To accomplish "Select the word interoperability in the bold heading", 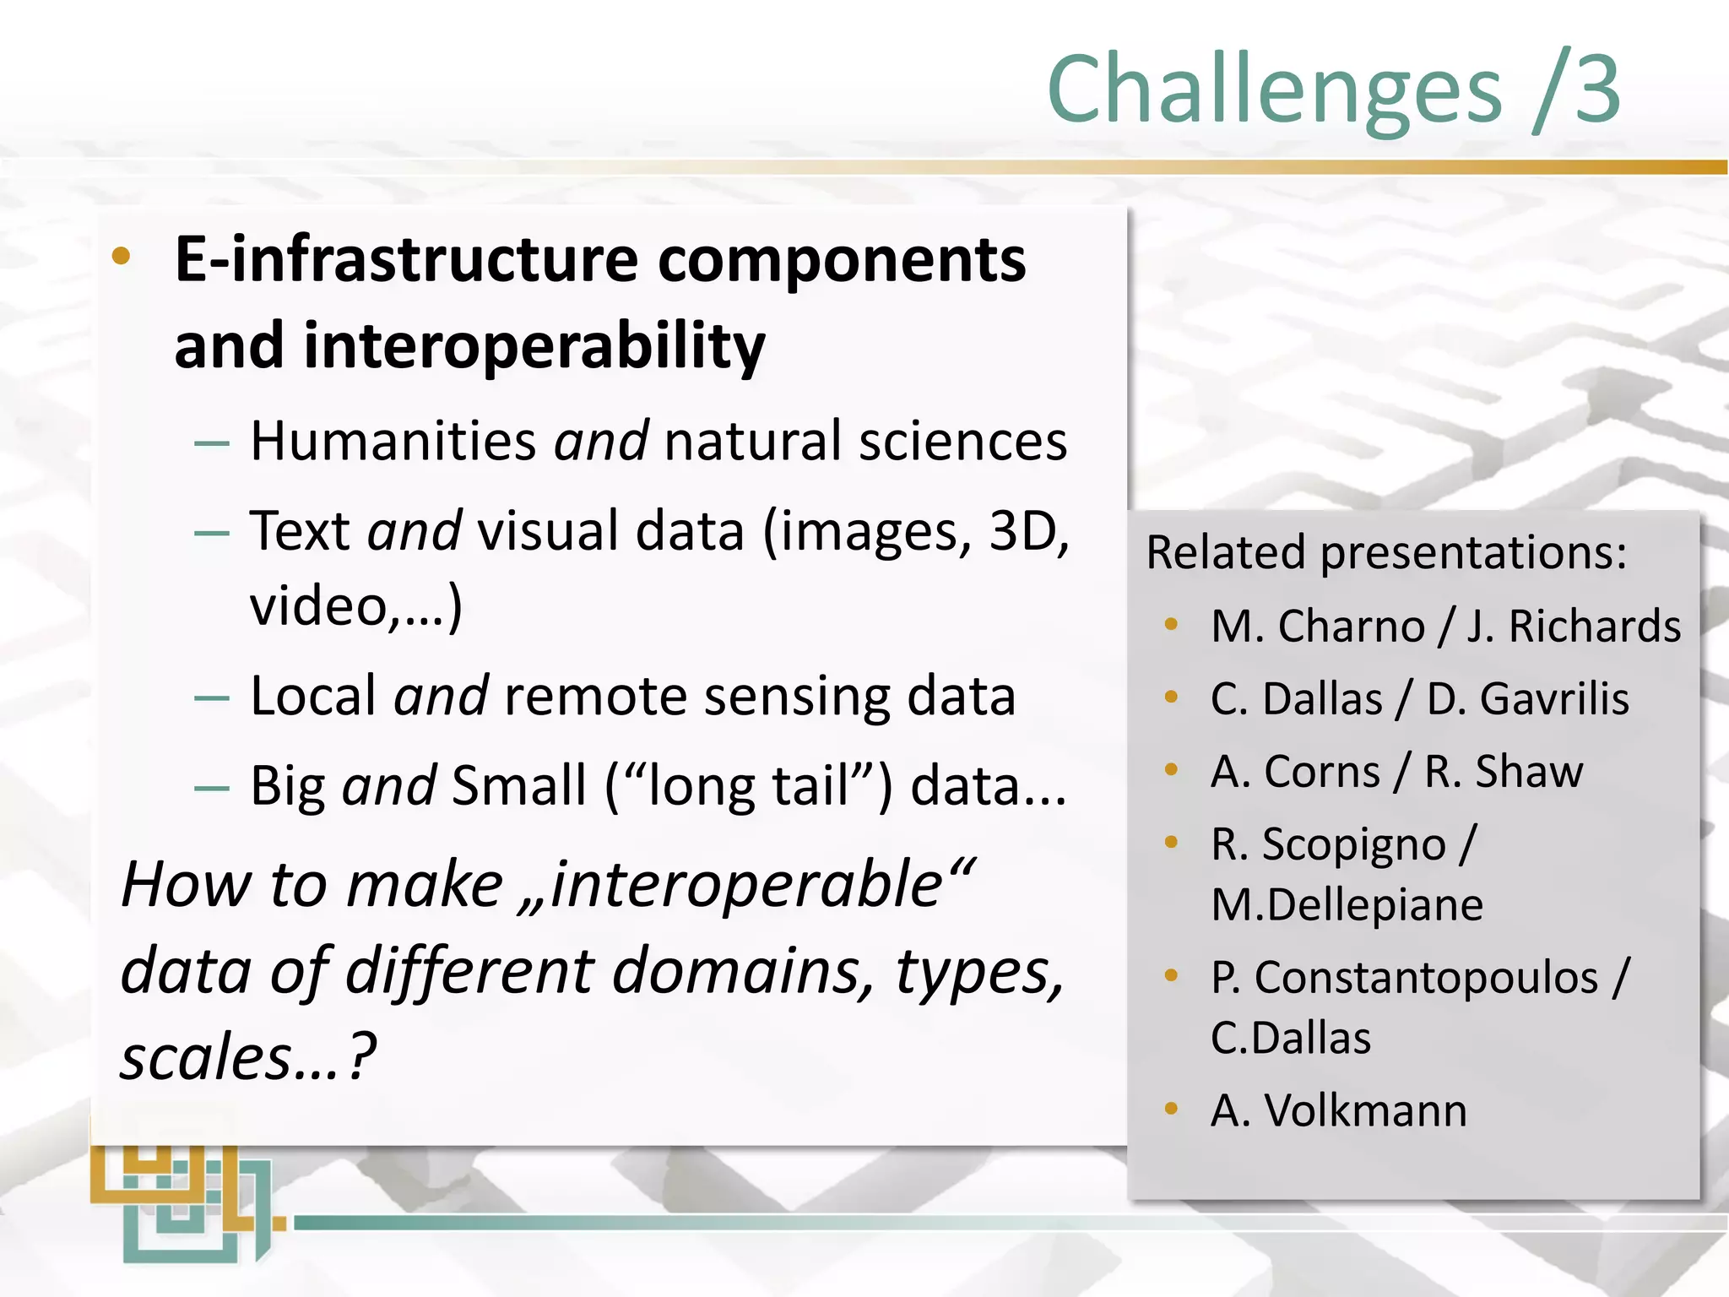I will coord(534,346).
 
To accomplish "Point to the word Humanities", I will coord(393,441).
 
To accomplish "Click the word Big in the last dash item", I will coord(287,786).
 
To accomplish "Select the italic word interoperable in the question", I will coord(746,885).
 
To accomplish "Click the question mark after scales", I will coord(362,1057).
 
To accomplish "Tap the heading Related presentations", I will coord(1385,552).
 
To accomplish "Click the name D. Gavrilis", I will coord(1527,699).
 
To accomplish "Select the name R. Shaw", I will coord(1504,772).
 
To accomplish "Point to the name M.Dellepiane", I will coord(1347,905).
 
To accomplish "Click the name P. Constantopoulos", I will coord(1404,978).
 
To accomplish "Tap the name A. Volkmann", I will coord(1338,1110).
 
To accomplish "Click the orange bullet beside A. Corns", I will coord(1171,769).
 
